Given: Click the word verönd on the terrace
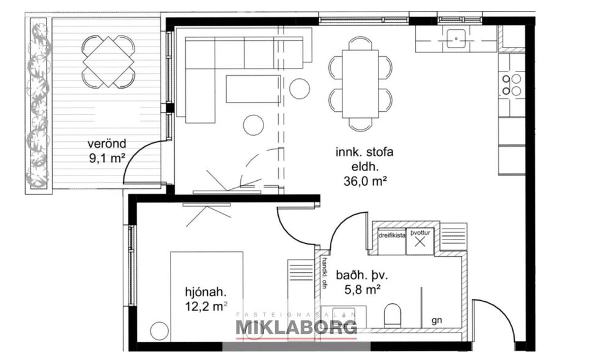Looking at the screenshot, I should click(106, 144).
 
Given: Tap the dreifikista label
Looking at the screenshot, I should click(392, 234).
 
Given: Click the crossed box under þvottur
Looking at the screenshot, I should click(420, 242).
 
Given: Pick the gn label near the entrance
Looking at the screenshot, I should click(436, 320).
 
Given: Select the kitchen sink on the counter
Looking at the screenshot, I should click(456, 39).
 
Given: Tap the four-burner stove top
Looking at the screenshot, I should click(512, 84).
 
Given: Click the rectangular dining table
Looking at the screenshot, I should click(359, 83).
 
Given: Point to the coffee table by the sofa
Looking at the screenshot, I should click(252, 89).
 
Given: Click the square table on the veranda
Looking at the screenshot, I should click(108, 61).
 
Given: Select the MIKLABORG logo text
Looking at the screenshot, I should click(296, 328).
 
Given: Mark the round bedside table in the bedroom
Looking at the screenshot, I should click(159, 330).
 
